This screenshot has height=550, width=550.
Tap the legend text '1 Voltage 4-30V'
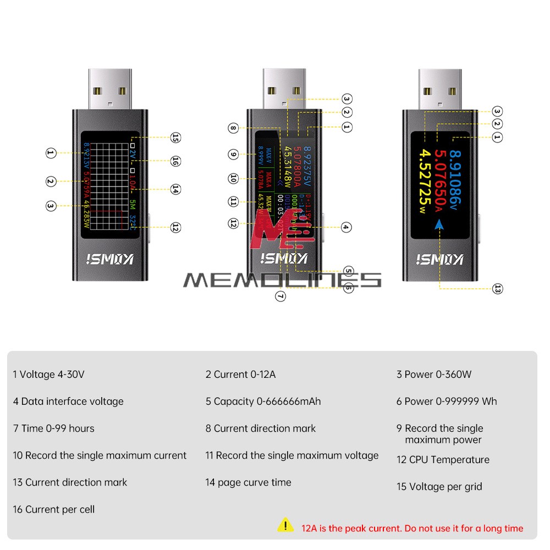(x=49, y=375)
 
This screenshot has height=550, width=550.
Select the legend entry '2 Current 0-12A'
(x=240, y=375)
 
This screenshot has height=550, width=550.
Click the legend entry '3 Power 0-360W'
(x=434, y=375)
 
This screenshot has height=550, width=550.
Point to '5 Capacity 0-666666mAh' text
(x=263, y=402)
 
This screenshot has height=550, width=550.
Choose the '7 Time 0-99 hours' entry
(x=53, y=428)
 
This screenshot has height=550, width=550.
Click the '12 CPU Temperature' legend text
(x=443, y=460)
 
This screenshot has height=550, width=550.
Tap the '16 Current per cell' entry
(x=53, y=509)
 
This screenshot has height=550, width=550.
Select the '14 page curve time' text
(x=248, y=482)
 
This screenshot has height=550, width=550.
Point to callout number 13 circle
(x=497, y=288)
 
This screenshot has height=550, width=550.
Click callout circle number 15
(x=175, y=137)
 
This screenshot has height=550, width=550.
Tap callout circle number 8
(x=233, y=129)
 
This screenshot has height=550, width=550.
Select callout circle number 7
(x=280, y=296)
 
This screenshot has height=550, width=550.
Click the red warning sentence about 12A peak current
(x=412, y=529)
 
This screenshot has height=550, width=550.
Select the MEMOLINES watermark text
(x=282, y=280)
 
